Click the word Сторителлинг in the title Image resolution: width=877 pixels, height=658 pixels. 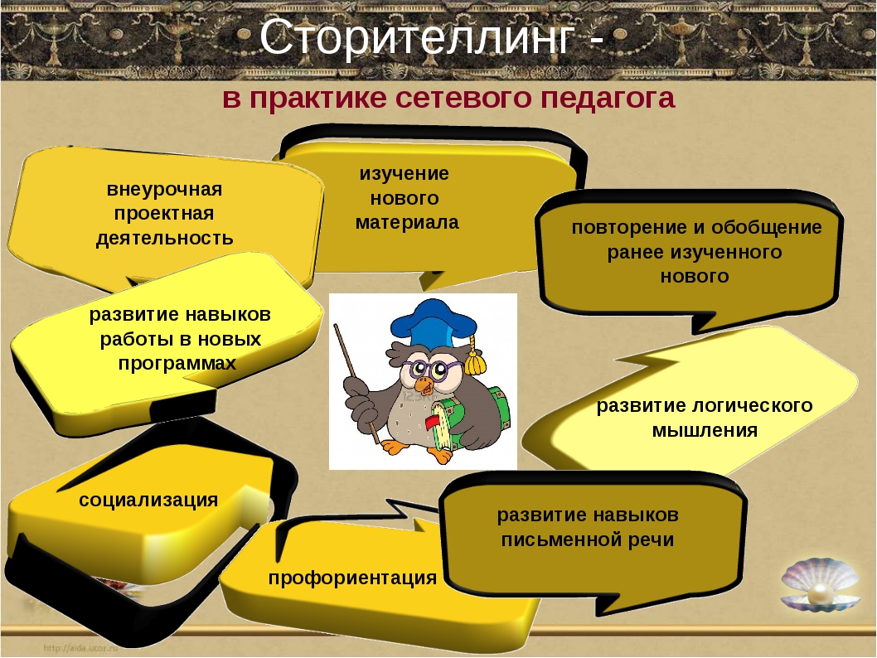417,37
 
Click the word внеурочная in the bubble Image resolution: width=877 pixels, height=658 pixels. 164,189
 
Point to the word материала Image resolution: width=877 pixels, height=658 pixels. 407,222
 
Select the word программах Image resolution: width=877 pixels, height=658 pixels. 177,364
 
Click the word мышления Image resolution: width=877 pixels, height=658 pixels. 705,430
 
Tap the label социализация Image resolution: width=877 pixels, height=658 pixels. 148,500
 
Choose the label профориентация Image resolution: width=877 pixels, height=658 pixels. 352,578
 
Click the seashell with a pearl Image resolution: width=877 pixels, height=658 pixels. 820,586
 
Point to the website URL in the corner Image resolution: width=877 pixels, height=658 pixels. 80,648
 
